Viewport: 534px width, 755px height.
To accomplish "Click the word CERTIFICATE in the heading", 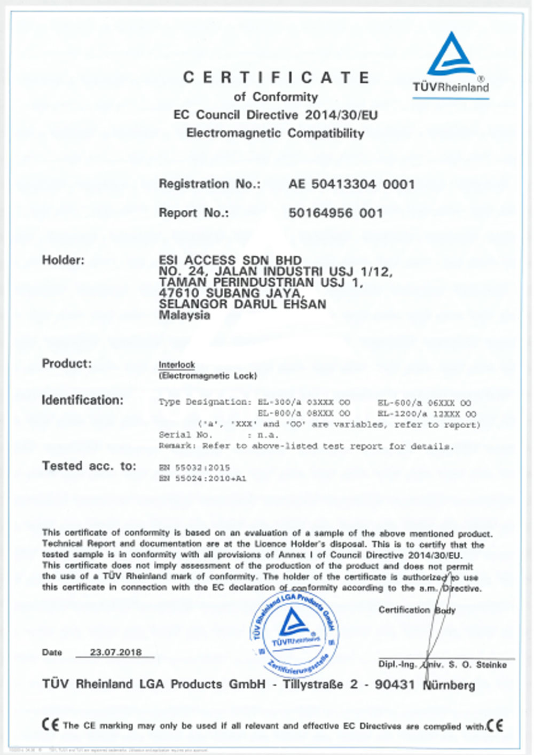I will (x=276, y=78).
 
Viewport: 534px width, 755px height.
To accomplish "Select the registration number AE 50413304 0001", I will (x=351, y=184).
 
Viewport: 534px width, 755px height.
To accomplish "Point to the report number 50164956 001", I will (x=335, y=213).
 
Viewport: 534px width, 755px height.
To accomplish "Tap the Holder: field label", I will (x=63, y=261).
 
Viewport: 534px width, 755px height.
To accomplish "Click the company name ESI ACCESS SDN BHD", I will (x=230, y=261).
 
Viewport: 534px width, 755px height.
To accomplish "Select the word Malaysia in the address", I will (x=184, y=315).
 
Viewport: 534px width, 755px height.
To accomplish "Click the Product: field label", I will (x=67, y=364).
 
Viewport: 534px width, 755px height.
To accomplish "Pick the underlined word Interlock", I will (x=177, y=365).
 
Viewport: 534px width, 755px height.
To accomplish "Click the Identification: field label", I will (x=82, y=400).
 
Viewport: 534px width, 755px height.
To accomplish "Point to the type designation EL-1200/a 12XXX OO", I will (x=427, y=414).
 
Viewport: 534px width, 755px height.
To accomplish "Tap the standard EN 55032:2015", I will (x=194, y=467).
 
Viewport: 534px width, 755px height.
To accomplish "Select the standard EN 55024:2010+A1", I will (x=202, y=478).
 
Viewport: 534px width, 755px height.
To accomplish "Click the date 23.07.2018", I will (x=116, y=652).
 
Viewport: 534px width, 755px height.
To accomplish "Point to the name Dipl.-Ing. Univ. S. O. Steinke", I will (x=442, y=665).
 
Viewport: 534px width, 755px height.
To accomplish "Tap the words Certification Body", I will (x=417, y=610).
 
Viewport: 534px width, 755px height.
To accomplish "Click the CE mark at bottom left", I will (x=50, y=725).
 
